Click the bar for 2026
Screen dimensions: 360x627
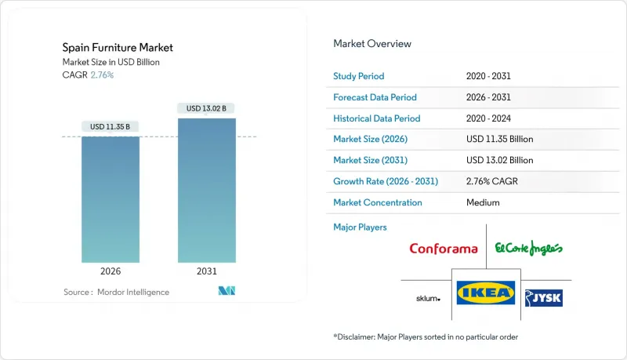pos(111,199)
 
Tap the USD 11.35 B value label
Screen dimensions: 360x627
pos(111,126)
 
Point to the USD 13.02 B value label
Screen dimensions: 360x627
pos(206,108)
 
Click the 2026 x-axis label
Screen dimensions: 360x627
pos(111,271)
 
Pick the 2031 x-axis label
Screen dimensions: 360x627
pos(206,271)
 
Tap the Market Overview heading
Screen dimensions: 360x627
pos(372,43)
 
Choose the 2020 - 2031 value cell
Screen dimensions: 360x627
pos(489,76)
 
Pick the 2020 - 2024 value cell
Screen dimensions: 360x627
pos(489,118)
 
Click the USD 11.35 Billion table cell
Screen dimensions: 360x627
pos(499,139)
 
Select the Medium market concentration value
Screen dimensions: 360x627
pos(482,202)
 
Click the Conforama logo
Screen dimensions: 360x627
pos(443,249)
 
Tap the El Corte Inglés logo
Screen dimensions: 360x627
pos(529,249)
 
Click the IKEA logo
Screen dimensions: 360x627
pos(486,294)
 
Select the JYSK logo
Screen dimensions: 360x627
pos(544,297)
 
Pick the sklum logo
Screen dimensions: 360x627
pos(428,299)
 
